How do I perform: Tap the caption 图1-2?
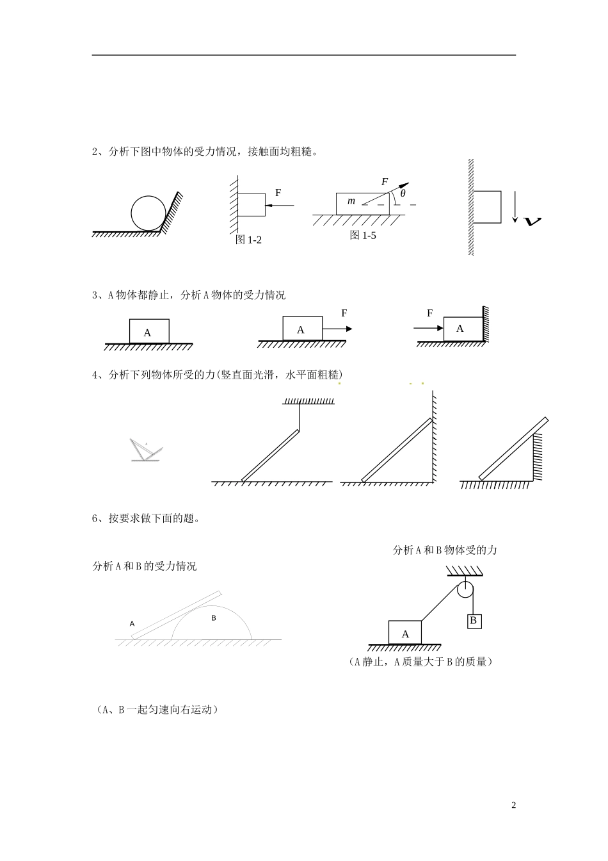(249, 240)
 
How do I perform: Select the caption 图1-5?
(363, 235)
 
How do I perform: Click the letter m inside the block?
(351, 201)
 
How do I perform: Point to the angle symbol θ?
(403, 193)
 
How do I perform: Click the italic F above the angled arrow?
(385, 182)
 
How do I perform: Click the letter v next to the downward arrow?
(532, 221)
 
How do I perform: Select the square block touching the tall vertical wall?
(487, 206)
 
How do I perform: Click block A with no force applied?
(149, 331)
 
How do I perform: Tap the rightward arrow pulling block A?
(337, 329)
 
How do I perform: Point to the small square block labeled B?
(474, 621)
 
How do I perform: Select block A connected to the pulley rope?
(405, 632)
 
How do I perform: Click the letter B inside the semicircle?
(214, 618)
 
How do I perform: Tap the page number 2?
(513, 805)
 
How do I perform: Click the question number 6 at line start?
(95, 518)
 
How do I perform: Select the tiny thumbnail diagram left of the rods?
(146, 451)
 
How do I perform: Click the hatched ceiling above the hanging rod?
(308, 402)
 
